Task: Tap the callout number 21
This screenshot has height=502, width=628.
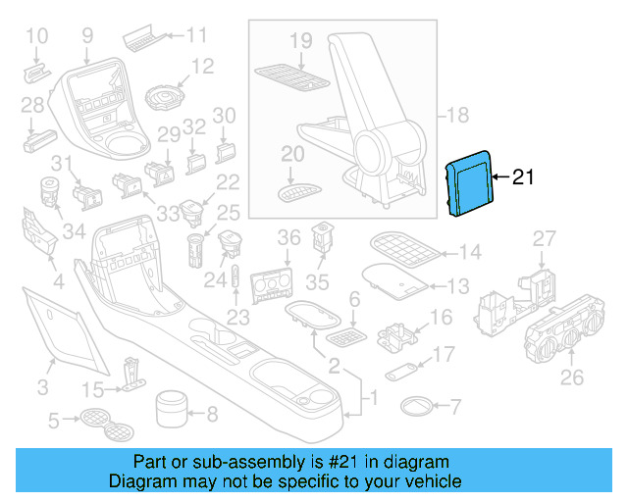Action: point(522,177)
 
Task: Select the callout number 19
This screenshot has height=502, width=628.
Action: point(300,40)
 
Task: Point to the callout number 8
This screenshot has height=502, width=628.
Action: point(212,413)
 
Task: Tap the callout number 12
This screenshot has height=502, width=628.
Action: point(202,67)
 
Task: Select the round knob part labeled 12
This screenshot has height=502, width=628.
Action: point(163,98)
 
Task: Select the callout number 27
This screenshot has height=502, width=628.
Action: point(544,238)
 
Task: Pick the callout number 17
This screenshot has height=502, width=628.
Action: point(444,354)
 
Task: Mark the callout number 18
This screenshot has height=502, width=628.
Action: point(458,116)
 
